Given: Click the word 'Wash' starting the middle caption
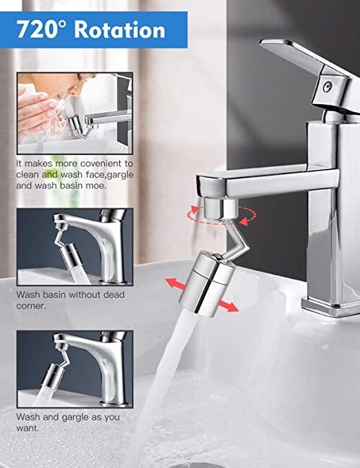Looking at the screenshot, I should pyautogui.click(x=29, y=294).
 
